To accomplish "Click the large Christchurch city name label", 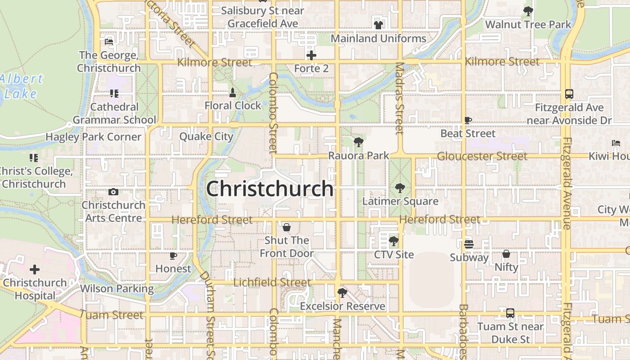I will pyautogui.click(x=270, y=189).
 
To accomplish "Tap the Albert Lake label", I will pyautogui.click(x=22, y=86).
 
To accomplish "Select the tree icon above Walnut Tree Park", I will pyautogui.click(x=528, y=11).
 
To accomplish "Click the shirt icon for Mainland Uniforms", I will pyautogui.click(x=378, y=25).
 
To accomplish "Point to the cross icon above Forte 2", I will pyautogui.click(x=311, y=55).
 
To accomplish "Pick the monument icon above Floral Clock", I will pyautogui.click(x=233, y=93).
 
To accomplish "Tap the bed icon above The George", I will pyautogui.click(x=109, y=42).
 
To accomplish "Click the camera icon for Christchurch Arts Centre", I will pyautogui.click(x=113, y=192).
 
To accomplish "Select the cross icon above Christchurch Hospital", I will pyautogui.click(x=35, y=270).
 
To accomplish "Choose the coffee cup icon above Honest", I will pyautogui.click(x=173, y=256).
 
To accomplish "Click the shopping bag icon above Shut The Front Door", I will pyautogui.click(x=287, y=227).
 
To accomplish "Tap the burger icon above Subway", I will pyautogui.click(x=469, y=244).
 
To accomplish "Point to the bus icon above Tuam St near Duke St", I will pyautogui.click(x=510, y=313).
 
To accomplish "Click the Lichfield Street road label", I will pyautogui.click(x=272, y=283).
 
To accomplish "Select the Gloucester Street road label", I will pyautogui.click(x=482, y=156).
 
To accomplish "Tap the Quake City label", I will pyautogui.click(x=206, y=136).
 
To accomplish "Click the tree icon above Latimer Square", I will pyautogui.click(x=400, y=188).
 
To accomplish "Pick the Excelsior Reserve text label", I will pyautogui.click(x=342, y=306).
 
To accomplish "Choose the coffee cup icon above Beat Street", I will pyautogui.click(x=468, y=121).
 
